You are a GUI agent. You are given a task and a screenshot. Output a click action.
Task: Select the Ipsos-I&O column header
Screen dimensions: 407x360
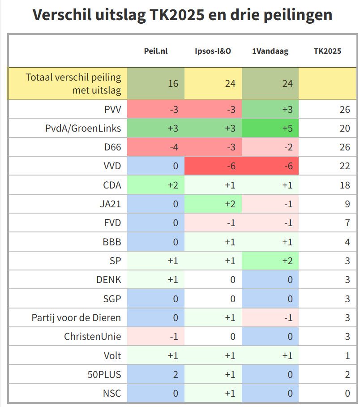[213, 51]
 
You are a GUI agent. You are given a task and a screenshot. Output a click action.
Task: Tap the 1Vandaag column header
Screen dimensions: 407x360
[270, 51]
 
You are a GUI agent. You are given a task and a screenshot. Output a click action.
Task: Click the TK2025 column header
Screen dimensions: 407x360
[327, 51]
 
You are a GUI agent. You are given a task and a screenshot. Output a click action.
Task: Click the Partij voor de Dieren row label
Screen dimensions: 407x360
[76, 318]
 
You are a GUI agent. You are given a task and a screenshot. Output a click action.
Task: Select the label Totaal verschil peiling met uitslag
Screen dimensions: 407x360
[73, 84]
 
